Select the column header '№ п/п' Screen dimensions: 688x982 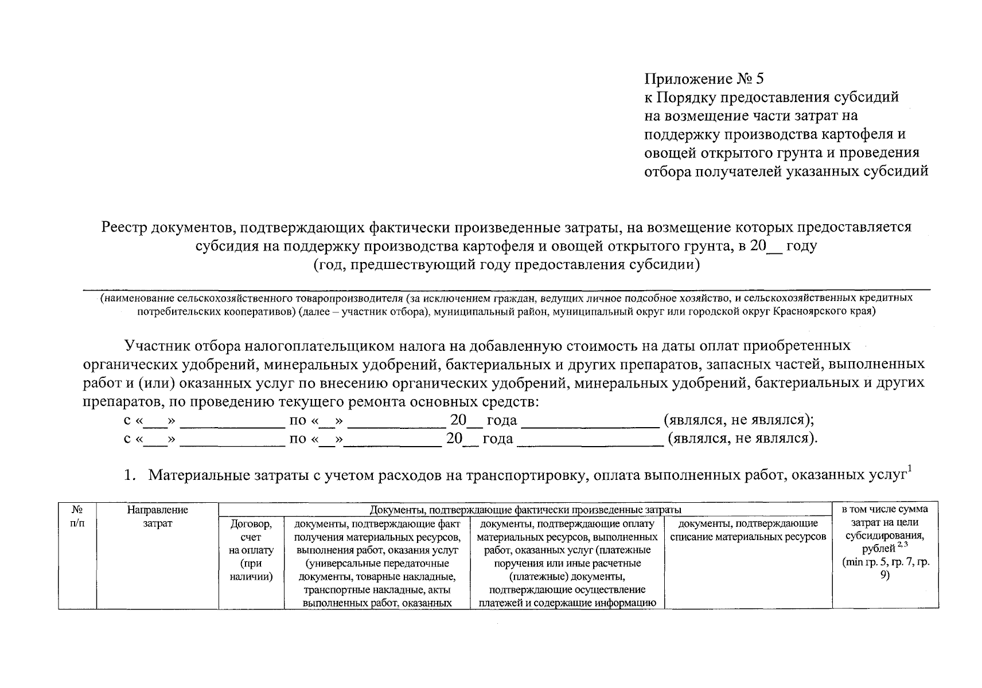77,516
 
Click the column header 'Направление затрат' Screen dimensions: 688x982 157,516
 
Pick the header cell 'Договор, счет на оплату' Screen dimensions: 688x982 251,550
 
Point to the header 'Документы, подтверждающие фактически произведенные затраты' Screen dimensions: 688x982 525,510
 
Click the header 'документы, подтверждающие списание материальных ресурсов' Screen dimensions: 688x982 747,530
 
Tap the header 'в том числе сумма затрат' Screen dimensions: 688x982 884,515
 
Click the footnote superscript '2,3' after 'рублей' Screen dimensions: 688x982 902,545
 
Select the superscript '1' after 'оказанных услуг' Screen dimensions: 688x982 910,470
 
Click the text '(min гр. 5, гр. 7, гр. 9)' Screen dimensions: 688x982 885,568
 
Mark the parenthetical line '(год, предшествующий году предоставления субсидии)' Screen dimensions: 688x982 507,265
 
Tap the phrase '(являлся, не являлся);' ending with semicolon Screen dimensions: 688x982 739,420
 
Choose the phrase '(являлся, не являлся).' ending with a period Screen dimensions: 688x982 742,439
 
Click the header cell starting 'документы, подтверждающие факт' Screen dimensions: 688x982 377,562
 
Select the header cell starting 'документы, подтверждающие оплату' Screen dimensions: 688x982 567,562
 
